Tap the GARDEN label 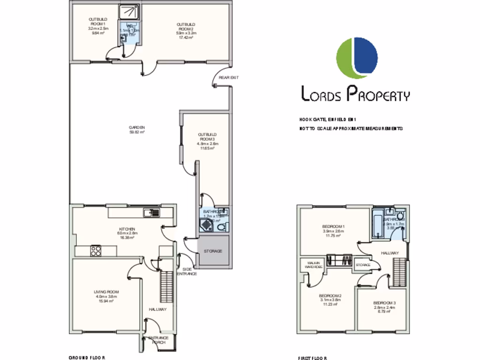click(137, 130)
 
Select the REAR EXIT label click(229, 78)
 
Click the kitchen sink click(152, 213)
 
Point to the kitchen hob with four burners click(96, 251)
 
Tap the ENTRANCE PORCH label click(158, 340)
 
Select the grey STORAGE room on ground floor click(213, 251)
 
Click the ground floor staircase click(166, 286)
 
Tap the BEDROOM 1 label click(333, 231)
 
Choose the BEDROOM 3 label click(384, 307)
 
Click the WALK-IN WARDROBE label click(313, 265)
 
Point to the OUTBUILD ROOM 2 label click(186, 29)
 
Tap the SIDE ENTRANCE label click(186, 271)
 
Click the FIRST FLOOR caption click(312, 358)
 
